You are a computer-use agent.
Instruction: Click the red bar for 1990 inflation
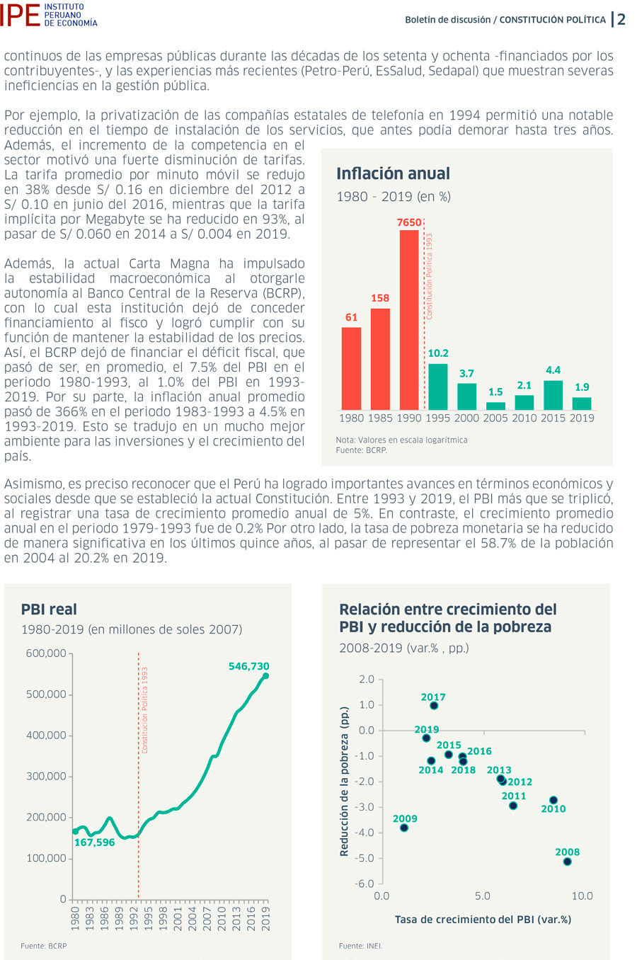409,320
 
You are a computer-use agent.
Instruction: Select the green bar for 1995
438,387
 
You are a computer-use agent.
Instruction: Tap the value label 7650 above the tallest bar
409,222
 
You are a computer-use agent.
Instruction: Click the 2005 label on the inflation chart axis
495,418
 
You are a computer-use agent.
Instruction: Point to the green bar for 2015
553,395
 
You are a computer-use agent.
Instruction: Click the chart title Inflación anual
393,173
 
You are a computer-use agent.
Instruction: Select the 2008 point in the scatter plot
567,862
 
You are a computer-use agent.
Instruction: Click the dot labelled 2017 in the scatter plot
434,705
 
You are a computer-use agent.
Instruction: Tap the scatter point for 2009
404,828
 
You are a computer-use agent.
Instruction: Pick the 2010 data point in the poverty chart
553,800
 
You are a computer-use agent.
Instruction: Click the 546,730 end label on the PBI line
249,666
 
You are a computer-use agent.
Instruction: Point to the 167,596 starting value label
95,842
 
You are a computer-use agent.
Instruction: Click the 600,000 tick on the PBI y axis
46,653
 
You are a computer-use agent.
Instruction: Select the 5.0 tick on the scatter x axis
483,896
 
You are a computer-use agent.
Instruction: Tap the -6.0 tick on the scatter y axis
365,884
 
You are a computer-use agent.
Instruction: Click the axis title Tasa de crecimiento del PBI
483,919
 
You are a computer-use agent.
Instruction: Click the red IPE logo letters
20,16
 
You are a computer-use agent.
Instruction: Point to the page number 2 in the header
621,19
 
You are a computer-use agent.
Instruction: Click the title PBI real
49,609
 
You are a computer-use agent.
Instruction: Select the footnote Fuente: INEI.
360,946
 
